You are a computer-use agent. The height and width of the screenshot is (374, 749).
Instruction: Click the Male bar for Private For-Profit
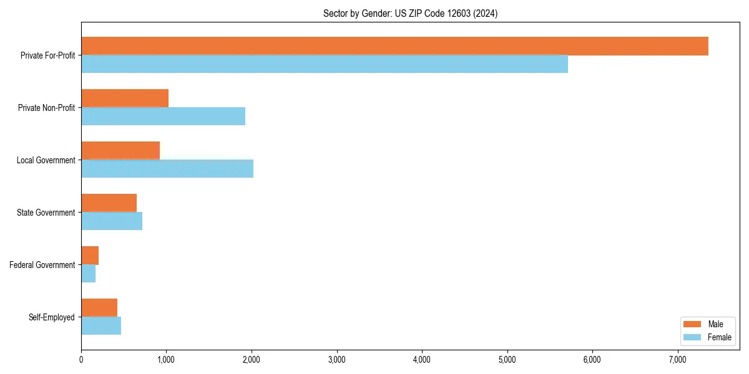click(x=394, y=46)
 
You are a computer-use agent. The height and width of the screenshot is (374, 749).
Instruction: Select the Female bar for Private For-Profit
click(x=325, y=64)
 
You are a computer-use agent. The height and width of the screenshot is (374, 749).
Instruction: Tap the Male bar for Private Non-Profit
click(x=125, y=98)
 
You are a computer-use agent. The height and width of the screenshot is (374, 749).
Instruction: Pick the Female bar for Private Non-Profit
click(x=163, y=117)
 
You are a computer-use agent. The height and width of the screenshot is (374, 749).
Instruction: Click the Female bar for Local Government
click(x=167, y=169)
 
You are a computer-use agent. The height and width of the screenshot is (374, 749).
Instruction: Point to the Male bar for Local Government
click(x=120, y=151)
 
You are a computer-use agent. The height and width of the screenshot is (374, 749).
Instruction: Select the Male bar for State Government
click(x=109, y=203)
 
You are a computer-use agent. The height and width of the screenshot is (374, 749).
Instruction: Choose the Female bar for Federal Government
click(x=88, y=274)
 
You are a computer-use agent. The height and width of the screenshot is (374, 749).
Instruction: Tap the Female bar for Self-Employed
click(x=101, y=326)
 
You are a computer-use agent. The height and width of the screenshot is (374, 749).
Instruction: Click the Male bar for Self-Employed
click(x=99, y=308)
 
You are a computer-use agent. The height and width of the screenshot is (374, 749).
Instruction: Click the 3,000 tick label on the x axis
click(x=337, y=359)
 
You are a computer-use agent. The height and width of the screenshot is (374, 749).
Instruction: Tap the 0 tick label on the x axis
click(x=81, y=359)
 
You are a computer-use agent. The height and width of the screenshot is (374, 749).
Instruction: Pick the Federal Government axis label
click(x=42, y=265)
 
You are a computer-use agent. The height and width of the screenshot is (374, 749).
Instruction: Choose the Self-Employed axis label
click(x=52, y=317)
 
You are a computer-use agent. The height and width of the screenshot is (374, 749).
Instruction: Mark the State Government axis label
click(x=46, y=213)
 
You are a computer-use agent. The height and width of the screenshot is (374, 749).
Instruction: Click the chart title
click(x=410, y=13)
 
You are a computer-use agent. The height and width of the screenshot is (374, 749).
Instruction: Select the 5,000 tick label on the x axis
click(x=507, y=359)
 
